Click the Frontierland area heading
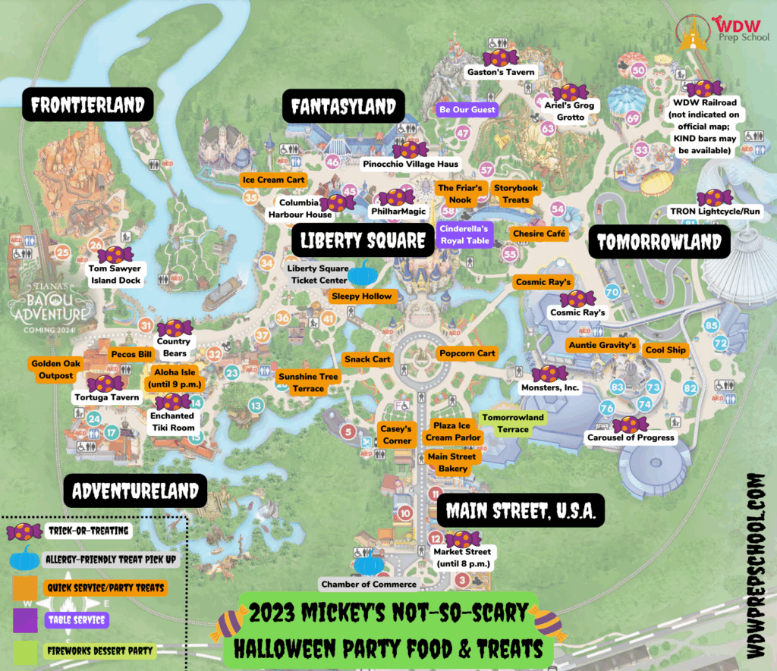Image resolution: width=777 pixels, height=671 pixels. coord(87,105)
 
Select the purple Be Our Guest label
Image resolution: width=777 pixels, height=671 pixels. coord(467,110)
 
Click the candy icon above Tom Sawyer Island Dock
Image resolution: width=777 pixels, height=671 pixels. coord(115,255)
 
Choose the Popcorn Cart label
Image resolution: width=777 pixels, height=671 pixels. coord(467,353)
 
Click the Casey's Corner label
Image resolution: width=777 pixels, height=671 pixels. coord(397,434)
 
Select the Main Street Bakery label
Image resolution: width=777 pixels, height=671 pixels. coord(452,462)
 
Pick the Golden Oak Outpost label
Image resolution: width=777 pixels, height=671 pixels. coord(52,369)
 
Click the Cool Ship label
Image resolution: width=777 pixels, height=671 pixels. coord(665,350)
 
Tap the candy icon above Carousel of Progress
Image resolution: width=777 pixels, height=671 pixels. coord(630,424)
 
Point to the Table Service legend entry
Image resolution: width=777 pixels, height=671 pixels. coord(76,619)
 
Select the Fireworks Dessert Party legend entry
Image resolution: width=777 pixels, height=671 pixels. coord(99,650)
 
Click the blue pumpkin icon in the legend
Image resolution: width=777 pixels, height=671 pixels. coord(25,560)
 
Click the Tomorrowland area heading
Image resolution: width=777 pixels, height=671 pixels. coord(659,243)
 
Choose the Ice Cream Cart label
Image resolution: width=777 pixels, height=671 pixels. coord(274,180)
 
